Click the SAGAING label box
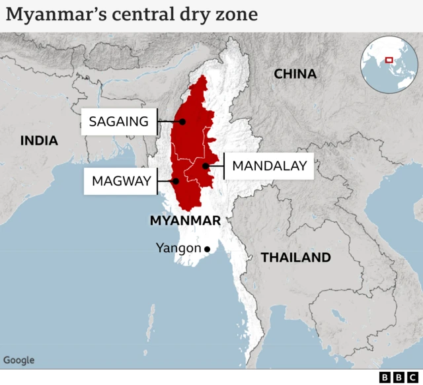pos(119,122)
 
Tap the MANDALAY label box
pos(270,166)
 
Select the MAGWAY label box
pos(121,181)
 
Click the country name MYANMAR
pos(185,220)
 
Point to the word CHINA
pos(295,74)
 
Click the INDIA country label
pos(39,141)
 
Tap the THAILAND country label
pos(295,258)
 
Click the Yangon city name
pos(178,248)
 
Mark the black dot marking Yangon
pos(207,249)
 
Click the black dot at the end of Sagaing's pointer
pos(182,122)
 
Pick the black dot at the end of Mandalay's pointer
pos(206,166)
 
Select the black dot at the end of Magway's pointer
pos(175,181)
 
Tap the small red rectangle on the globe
pos(389,60)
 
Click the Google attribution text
pos(19,360)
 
